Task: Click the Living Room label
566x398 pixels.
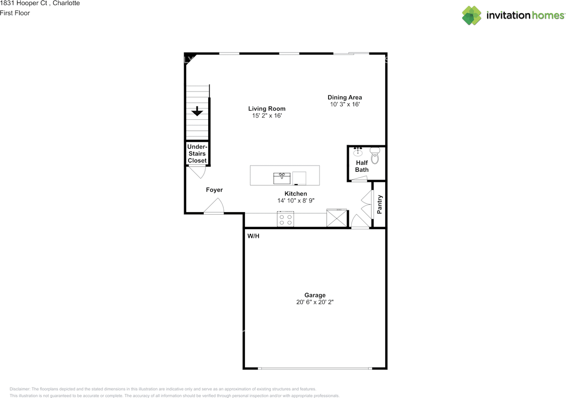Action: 267,109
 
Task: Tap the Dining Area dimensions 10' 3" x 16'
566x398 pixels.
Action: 344,104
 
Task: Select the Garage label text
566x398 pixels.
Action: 315,295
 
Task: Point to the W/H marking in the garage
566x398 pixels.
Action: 253,236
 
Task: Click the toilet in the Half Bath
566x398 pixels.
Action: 375,155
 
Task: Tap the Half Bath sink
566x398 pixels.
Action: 358,152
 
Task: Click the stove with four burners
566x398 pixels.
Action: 285,219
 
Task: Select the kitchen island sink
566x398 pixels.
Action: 282,178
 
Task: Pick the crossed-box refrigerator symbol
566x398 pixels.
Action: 337,218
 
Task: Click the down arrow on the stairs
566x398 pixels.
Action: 197,111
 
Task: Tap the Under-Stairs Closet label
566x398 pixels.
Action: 197,153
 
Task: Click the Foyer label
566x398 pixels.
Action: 214,190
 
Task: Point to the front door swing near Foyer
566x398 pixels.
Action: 214,206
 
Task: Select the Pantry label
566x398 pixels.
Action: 379,205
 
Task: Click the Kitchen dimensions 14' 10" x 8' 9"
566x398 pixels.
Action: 296,201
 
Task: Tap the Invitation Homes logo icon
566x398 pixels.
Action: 471,15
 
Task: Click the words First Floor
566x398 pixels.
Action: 15,13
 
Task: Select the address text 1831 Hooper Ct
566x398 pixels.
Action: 23,3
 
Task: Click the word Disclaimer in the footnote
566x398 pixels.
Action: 20,389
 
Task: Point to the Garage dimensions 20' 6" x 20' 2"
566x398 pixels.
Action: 315,302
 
